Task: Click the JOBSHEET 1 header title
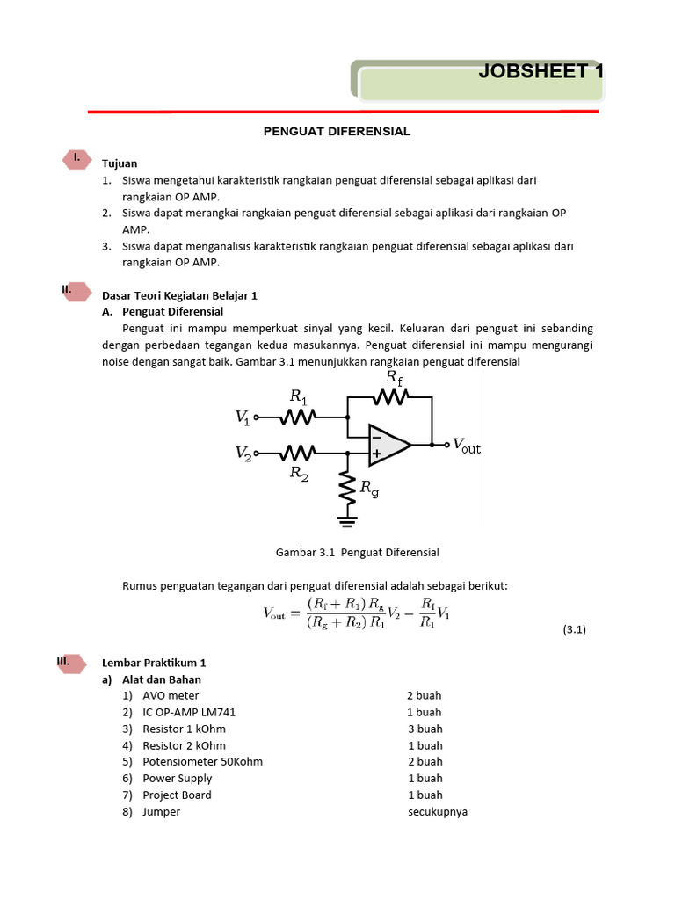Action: [x=541, y=72]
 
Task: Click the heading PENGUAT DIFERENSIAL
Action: [x=337, y=131]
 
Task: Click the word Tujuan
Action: [x=120, y=163]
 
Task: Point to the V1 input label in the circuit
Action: [x=243, y=419]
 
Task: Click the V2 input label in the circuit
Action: [x=243, y=453]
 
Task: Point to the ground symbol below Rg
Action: [x=349, y=521]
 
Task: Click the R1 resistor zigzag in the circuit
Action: [x=298, y=418]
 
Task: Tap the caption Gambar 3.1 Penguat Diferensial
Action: [x=357, y=552]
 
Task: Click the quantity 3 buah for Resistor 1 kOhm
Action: [x=425, y=729]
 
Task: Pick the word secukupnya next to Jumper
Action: [x=437, y=811]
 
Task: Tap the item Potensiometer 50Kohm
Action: [x=202, y=761]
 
